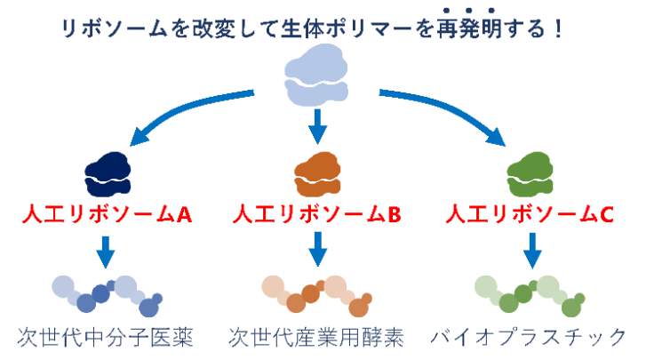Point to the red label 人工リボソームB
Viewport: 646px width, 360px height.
(x=317, y=214)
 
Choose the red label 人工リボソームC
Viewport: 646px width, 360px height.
(x=530, y=214)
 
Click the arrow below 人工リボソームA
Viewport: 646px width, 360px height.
(x=106, y=251)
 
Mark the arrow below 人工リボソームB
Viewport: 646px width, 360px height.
(x=317, y=251)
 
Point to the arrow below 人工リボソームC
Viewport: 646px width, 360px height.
(x=531, y=251)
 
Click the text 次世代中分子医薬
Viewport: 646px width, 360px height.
(x=106, y=338)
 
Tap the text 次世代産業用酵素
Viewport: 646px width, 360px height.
(x=317, y=338)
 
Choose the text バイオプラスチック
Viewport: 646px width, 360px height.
(x=530, y=338)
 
